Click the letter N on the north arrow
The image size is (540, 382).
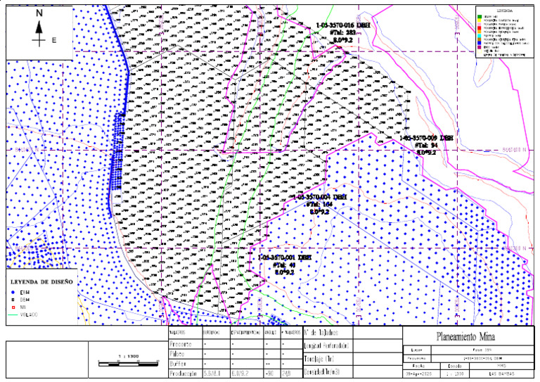39,13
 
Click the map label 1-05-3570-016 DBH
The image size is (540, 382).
343,25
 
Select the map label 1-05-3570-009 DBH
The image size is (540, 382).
427,138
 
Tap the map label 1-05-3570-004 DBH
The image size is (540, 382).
320,197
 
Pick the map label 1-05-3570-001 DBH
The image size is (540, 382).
284,258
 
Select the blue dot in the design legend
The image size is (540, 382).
13,291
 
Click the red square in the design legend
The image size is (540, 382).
13,307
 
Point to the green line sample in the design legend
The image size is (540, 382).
13,314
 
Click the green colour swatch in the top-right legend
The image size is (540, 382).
479,17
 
